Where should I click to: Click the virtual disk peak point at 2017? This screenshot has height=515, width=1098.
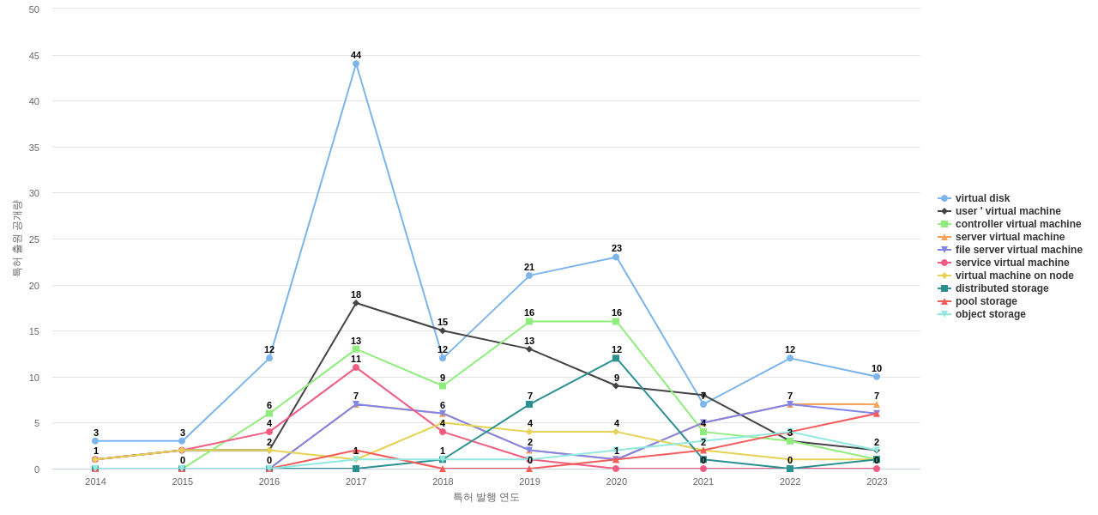click(x=356, y=64)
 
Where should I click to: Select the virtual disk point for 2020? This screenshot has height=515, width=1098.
click(x=616, y=257)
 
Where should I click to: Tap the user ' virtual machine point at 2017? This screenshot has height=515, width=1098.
click(x=356, y=303)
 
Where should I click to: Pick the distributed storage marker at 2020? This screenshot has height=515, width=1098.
click(x=616, y=358)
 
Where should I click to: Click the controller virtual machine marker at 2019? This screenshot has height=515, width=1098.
click(x=529, y=321)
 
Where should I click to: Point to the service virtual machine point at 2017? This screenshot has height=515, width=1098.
click(x=356, y=367)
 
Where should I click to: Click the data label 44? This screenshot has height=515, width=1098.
click(x=356, y=55)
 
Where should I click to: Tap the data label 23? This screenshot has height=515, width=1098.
click(x=617, y=248)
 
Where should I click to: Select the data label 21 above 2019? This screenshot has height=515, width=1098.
click(x=529, y=267)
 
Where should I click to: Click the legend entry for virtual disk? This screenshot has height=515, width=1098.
click(x=982, y=198)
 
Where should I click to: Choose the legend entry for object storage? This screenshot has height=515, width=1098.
click(x=990, y=314)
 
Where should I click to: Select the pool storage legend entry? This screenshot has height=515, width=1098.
click(x=986, y=301)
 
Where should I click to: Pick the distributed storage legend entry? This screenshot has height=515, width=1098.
click(x=1001, y=288)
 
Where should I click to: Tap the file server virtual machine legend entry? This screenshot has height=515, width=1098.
click(x=1018, y=250)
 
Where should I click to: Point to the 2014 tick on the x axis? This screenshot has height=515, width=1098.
click(x=95, y=482)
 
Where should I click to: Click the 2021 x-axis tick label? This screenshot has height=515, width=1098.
click(x=703, y=482)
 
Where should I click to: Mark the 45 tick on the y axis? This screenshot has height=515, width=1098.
click(x=34, y=56)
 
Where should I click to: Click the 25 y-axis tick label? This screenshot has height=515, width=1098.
click(x=34, y=239)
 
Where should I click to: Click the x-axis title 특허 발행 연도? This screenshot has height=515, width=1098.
click(x=486, y=497)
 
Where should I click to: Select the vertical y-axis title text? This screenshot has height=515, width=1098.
click(x=16, y=239)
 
